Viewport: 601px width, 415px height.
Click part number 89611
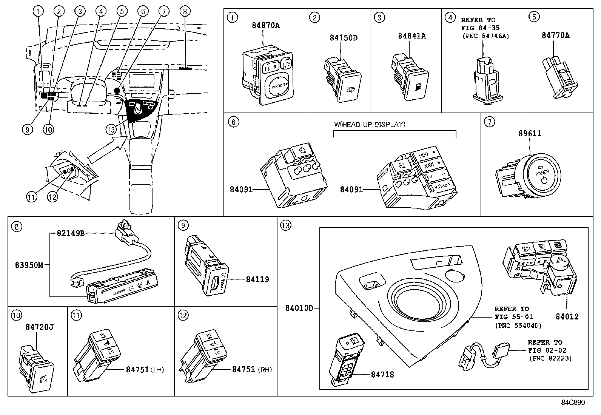(x=529, y=133)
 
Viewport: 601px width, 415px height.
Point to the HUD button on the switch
(x=424, y=155)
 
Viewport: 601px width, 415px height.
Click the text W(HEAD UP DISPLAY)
(x=370, y=124)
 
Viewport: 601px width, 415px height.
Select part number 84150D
(x=343, y=38)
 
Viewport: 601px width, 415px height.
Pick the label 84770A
(x=555, y=35)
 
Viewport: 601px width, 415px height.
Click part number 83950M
(x=29, y=265)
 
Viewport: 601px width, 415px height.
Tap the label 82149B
(x=71, y=233)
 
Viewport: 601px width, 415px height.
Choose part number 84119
(x=257, y=279)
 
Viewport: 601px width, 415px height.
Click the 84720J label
(x=39, y=327)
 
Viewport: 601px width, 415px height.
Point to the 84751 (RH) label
(x=251, y=370)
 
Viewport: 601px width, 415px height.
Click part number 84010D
(x=299, y=308)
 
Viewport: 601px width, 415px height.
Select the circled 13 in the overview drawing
(x=110, y=130)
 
